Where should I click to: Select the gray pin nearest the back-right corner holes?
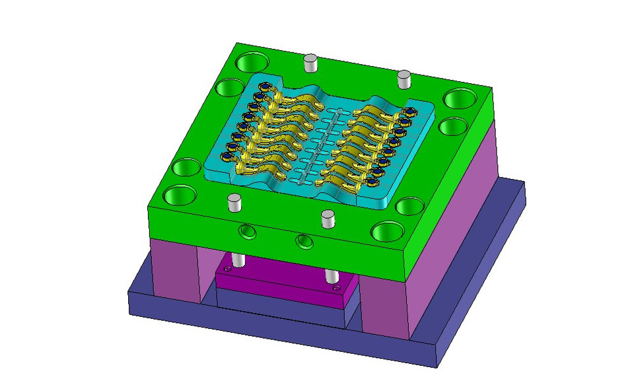tap(404, 79)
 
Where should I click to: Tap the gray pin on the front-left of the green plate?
tap(233, 202)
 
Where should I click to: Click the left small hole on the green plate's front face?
tap(247, 231)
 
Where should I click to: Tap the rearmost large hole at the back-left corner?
tap(252, 63)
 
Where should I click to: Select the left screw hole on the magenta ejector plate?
tap(228, 269)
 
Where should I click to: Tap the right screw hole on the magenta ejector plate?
tap(337, 288)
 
